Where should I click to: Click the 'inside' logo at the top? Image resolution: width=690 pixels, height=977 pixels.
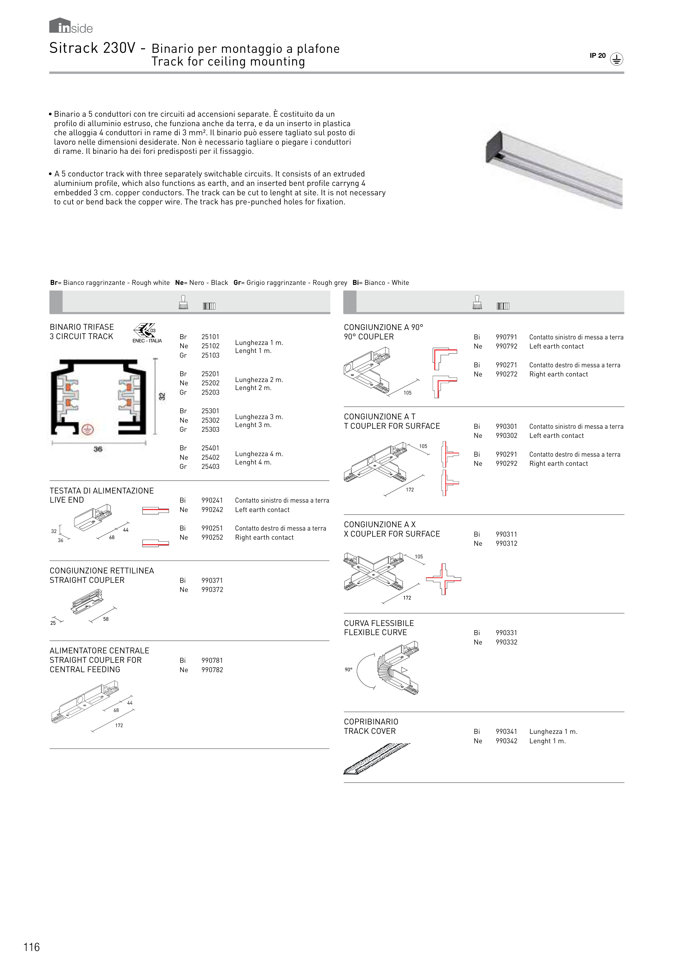[71, 26]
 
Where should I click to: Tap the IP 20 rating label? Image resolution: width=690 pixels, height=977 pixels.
[597, 56]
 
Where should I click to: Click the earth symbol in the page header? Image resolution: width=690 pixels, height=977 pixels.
[616, 59]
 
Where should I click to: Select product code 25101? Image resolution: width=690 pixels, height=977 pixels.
[211, 337]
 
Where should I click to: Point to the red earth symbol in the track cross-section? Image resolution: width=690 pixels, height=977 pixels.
[88, 429]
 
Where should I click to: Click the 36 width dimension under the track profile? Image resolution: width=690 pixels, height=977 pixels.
[98, 449]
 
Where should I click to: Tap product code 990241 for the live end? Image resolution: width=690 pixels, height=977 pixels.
[212, 500]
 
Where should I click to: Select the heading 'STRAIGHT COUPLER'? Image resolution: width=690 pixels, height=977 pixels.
[87, 580]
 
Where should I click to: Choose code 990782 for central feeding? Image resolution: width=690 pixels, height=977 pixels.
[212, 670]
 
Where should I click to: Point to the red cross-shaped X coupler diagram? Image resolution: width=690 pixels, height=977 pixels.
[444, 579]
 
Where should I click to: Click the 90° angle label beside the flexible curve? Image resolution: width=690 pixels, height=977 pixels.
[349, 670]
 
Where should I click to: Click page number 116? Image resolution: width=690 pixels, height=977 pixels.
[32, 947]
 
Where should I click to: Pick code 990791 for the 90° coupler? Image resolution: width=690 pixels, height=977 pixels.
[506, 337]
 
